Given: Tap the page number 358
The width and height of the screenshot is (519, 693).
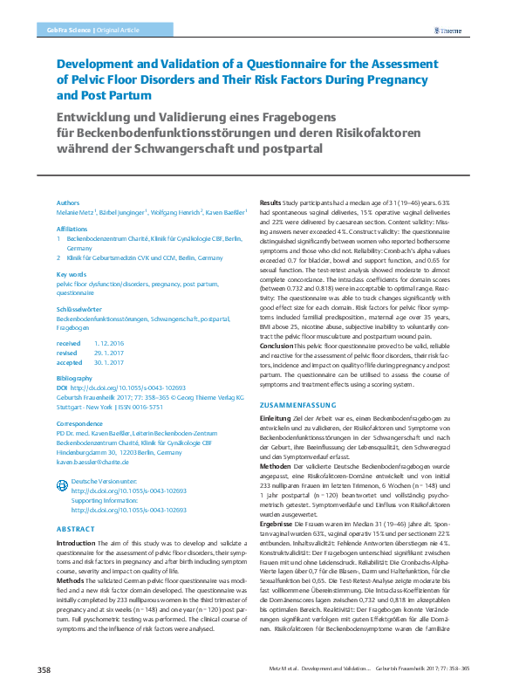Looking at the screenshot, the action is click(44, 669).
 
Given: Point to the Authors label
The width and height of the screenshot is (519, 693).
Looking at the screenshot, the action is click(68, 202).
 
